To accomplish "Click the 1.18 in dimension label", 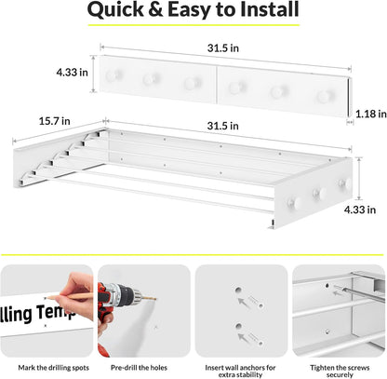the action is coord(371,114).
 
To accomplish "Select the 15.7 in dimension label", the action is coord(55,121).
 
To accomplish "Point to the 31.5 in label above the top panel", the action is coord(223,48).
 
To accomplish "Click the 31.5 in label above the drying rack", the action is coord(223,126).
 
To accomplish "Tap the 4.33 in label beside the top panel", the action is coord(72,73).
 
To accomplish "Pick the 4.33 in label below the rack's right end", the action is coord(360,210).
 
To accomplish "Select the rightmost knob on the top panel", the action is coord(324,96).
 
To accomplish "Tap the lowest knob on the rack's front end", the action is coord(294,203).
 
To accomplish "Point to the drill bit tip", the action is coord(156,299).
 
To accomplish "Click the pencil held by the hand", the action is coord(68,296).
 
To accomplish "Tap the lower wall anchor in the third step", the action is coord(256,338).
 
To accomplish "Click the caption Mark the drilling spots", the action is coord(54,368).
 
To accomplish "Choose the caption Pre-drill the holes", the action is coord(139,368).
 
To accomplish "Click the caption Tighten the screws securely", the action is coord(340,372).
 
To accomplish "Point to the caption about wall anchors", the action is coord(240,372).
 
